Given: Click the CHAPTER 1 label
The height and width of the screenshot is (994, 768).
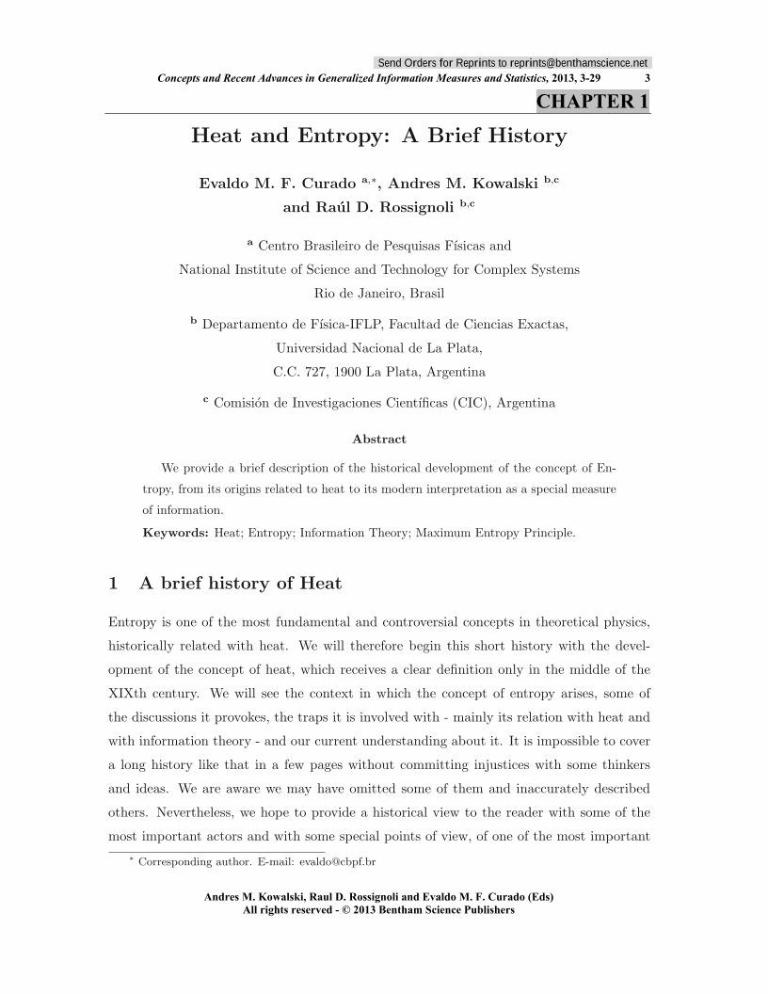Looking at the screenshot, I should click(x=592, y=102).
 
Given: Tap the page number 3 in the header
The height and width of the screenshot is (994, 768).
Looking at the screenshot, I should click(x=647, y=79).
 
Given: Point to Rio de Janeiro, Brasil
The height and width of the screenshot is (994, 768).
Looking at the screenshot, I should click(x=378, y=293).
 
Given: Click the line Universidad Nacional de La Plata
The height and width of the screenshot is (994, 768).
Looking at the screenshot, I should click(x=378, y=348).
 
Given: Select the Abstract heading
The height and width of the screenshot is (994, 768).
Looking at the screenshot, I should click(x=379, y=439).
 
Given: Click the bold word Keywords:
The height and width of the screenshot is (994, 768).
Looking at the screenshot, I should click(x=175, y=533).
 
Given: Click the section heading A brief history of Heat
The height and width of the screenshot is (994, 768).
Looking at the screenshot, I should click(x=240, y=584).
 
